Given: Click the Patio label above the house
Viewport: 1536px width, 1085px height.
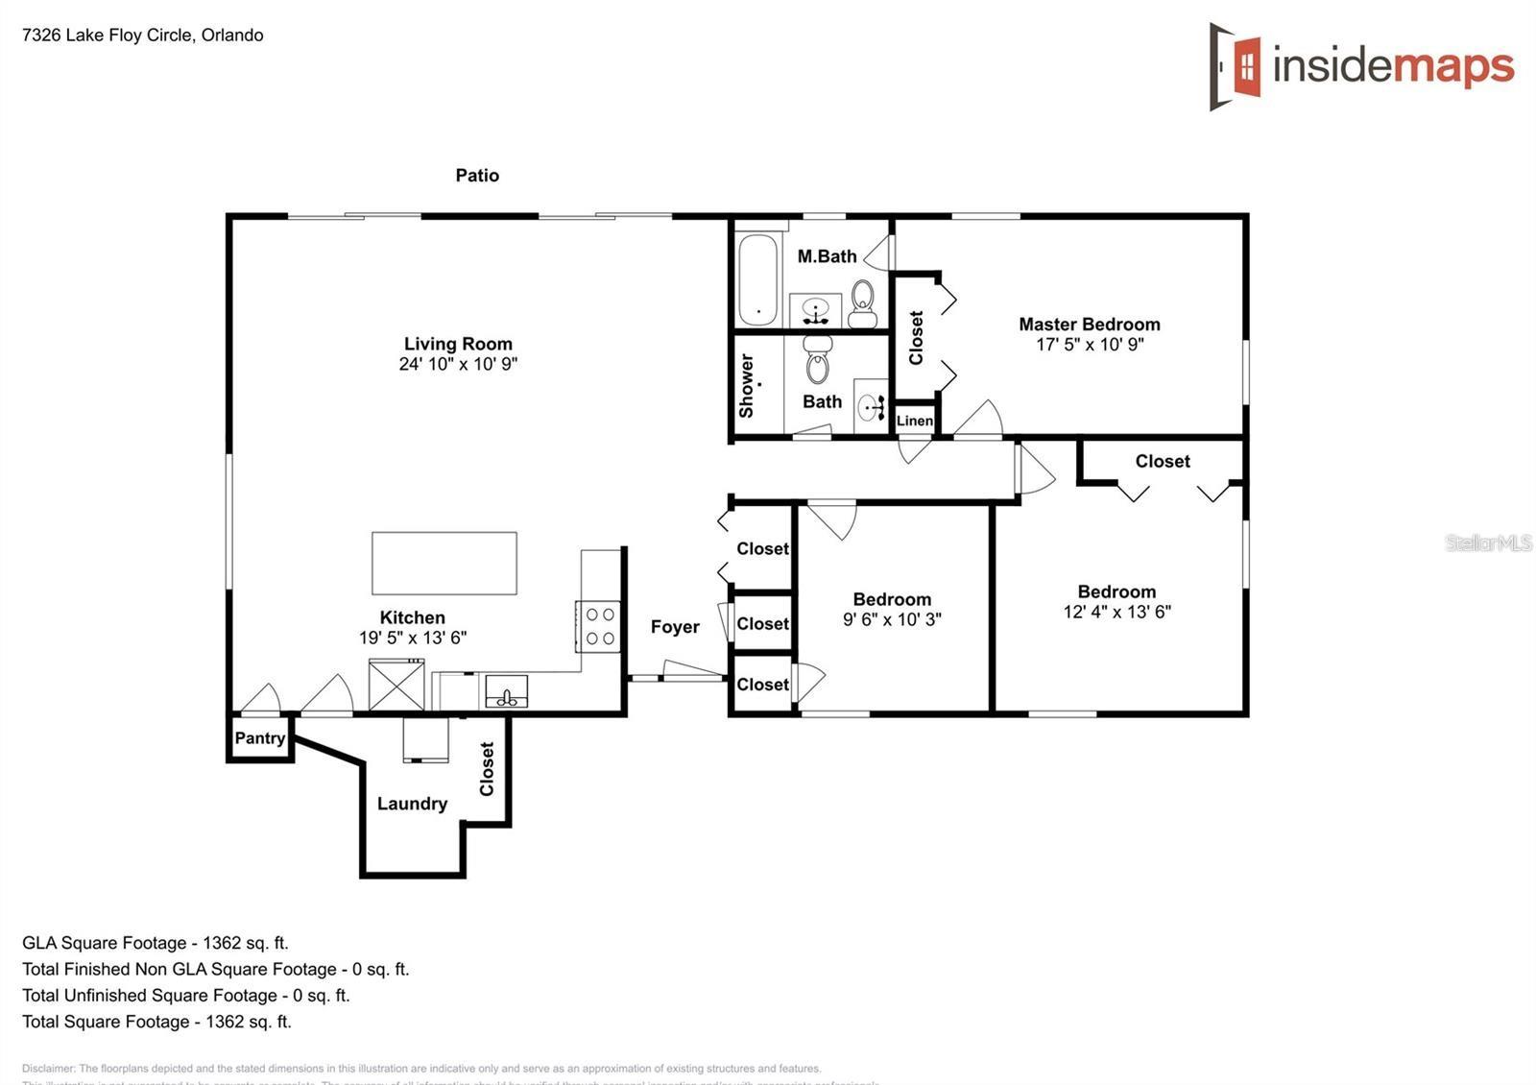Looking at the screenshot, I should (477, 175).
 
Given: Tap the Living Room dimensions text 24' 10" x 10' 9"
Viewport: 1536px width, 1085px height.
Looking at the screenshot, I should (458, 364).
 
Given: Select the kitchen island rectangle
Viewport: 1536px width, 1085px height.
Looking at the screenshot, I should (444, 563).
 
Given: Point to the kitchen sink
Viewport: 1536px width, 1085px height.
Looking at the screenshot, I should (506, 692).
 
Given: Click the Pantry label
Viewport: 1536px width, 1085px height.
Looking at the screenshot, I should (259, 737).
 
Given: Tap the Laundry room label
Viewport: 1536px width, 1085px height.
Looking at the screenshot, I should (412, 804).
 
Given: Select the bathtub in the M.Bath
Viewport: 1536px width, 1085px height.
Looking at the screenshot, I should (757, 278).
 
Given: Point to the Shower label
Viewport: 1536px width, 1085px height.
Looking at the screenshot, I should (746, 386).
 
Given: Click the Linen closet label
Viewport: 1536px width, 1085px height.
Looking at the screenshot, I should (914, 421).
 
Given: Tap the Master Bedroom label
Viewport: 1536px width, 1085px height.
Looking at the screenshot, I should (1089, 325).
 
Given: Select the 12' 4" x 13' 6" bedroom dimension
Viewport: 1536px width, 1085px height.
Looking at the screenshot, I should (1116, 612).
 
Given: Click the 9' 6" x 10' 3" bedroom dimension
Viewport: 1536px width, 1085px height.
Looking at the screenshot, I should (892, 620).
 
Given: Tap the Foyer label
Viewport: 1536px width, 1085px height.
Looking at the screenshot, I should (675, 627).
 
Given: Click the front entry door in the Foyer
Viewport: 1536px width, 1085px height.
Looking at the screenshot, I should (693, 671).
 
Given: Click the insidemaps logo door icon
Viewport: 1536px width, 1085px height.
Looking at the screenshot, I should (1235, 66).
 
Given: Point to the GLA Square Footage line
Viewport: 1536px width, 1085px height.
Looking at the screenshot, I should (156, 943).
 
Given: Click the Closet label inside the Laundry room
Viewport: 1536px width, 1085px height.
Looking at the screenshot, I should (487, 768).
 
